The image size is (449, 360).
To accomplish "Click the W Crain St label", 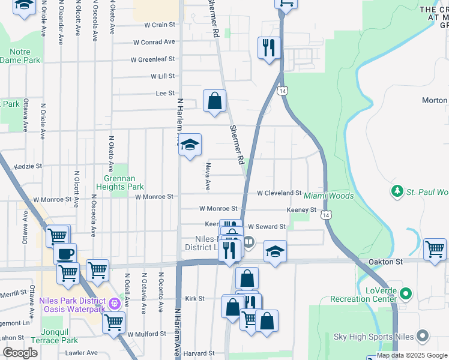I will (159, 25).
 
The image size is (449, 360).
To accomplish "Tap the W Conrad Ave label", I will (154, 43).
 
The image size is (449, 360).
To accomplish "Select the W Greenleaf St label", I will (153, 59).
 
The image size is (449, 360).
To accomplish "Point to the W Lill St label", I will (162, 76).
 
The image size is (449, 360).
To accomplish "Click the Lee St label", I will (165, 94).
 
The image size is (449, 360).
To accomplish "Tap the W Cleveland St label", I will (279, 193).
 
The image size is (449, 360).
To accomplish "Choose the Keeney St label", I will (301, 210).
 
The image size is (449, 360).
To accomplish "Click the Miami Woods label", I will (328, 196).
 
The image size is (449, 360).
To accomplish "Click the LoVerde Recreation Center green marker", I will (406, 294).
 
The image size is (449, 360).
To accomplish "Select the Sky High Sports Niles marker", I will (423, 335).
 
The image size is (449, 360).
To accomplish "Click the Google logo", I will (20, 353).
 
